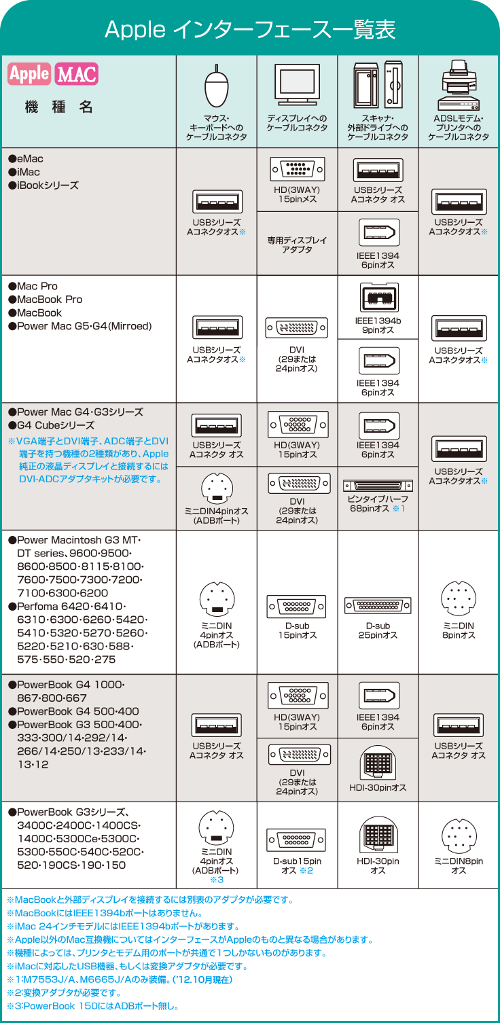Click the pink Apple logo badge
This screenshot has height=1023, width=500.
click(29, 74)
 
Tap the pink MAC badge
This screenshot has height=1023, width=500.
click(77, 74)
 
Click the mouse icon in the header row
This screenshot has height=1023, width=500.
click(217, 86)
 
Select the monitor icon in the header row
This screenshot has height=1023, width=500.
click(297, 85)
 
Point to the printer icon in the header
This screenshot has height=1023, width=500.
click(459, 86)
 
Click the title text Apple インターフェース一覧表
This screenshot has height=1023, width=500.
click(250, 30)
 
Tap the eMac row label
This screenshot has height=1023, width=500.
click(26, 159)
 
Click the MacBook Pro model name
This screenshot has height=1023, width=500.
click(46, 300)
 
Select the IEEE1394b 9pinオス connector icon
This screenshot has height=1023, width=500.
click(378, 298)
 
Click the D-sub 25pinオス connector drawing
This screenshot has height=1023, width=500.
click(378, 605)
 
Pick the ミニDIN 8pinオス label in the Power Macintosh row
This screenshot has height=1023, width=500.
click(459, 630)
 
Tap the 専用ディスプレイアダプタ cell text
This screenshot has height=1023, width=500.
click(297, 245)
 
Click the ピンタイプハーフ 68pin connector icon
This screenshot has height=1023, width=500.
click(378, 486)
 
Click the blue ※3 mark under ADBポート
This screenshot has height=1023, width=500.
click(217, 880)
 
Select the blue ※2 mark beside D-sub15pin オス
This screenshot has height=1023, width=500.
click(306, 870)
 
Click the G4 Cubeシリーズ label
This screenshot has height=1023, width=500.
click(52, 425)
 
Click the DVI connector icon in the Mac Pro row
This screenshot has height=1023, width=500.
click(297, 327)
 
